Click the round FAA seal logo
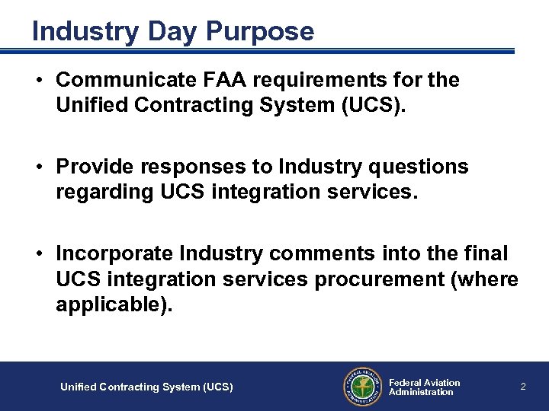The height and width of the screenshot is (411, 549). tap(361, 387)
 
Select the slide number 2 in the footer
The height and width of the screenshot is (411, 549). tap(523, 387)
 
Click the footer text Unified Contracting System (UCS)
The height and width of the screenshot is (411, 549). tap(146, 387)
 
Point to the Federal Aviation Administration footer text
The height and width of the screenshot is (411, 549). tap(424, 387)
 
